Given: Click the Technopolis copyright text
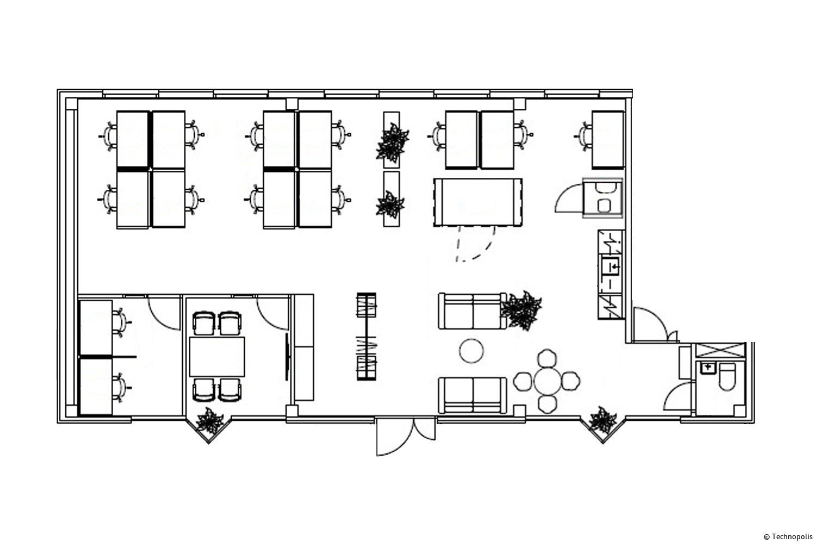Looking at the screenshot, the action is point(788,537).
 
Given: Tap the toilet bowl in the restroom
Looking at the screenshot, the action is point(727,377).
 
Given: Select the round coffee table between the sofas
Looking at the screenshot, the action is point(472,351).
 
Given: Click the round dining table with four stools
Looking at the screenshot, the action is point(547,381).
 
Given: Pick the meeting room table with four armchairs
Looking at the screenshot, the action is point(217,357).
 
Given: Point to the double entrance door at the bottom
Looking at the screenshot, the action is point(405,436).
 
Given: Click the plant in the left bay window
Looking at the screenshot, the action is point(209,421).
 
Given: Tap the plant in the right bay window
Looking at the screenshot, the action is point(603,420).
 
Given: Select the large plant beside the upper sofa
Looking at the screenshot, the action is point(521,311).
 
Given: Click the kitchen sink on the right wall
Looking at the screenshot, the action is point(610,265).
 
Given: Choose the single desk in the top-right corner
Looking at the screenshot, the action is point(608,140).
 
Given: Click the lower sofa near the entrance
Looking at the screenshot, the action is point(473,395).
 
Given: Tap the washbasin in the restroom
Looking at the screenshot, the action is point(708,368).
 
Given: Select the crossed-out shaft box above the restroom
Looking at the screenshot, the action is point(721,350).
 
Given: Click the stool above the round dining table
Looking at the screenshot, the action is point(547,358).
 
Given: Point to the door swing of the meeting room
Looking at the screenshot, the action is point(273,314).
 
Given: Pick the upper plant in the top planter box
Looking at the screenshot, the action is point(392,143).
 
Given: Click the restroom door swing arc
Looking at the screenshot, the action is point(677,395).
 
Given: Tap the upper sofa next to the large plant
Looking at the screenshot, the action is point(473,311).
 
